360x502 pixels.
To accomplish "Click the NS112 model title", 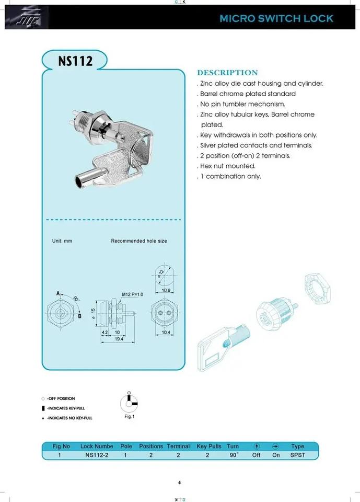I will pyautogui.click(x=75, y=61).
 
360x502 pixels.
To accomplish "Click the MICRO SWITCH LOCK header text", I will pyautogui.click(x=276, y=18).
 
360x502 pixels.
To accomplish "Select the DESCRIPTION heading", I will pyautogui.click(x=227, y=73).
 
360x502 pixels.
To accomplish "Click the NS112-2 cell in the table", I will pyautogui.click(x=97, y=455).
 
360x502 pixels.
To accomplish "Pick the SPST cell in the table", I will pyautogui.click(x=297, y=455).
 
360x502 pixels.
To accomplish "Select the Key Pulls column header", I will pyautogui.click(x=209, y=446).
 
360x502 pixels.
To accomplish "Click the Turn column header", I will pyautogui.click(x=233, y=446).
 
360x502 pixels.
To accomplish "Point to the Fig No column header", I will pyautogui.click(x=61, y=446).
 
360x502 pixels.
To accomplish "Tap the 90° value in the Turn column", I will pyautogui.click(x=233, y=455).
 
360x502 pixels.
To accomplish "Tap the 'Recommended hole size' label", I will pyautogui.click(x=139, y=241).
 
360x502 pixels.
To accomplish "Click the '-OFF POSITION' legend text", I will pyautogui.click(x=61, y=398).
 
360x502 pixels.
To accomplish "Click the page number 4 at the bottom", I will pyautogui.click(x=179, y=483).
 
